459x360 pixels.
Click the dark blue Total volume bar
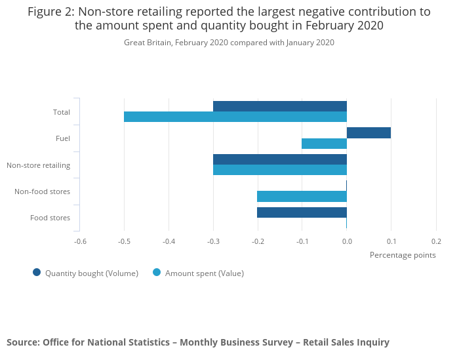click(x=280, y=106)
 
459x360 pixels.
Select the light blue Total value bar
click(x=235, y=117)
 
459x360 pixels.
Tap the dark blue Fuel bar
click(x=369, y=133)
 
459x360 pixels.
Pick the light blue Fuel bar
click(x=324, y=144)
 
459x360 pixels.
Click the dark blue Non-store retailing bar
click(x=280, y=159)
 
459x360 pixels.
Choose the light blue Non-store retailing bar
click(x=280, y=170)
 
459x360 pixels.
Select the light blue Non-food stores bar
click(x=302, y=196)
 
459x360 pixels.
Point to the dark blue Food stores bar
click(x=302, y=212)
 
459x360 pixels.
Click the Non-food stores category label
click(x=42, y=191)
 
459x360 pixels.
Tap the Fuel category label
click(x=63, y=138)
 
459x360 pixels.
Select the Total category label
click(x=62, y=112)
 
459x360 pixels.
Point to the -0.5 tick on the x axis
click(x=124, y=241)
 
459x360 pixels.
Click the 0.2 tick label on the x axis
click(x=436, y=241)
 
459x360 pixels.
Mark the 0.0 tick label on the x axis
click(x=347, y=241)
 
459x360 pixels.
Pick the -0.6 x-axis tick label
click(x=80, y=241)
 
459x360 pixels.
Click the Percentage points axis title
click(x=403, y=255)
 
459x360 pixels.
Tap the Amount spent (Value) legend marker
click(x=157, y=273)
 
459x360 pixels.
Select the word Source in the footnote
click(x=22, y=342)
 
